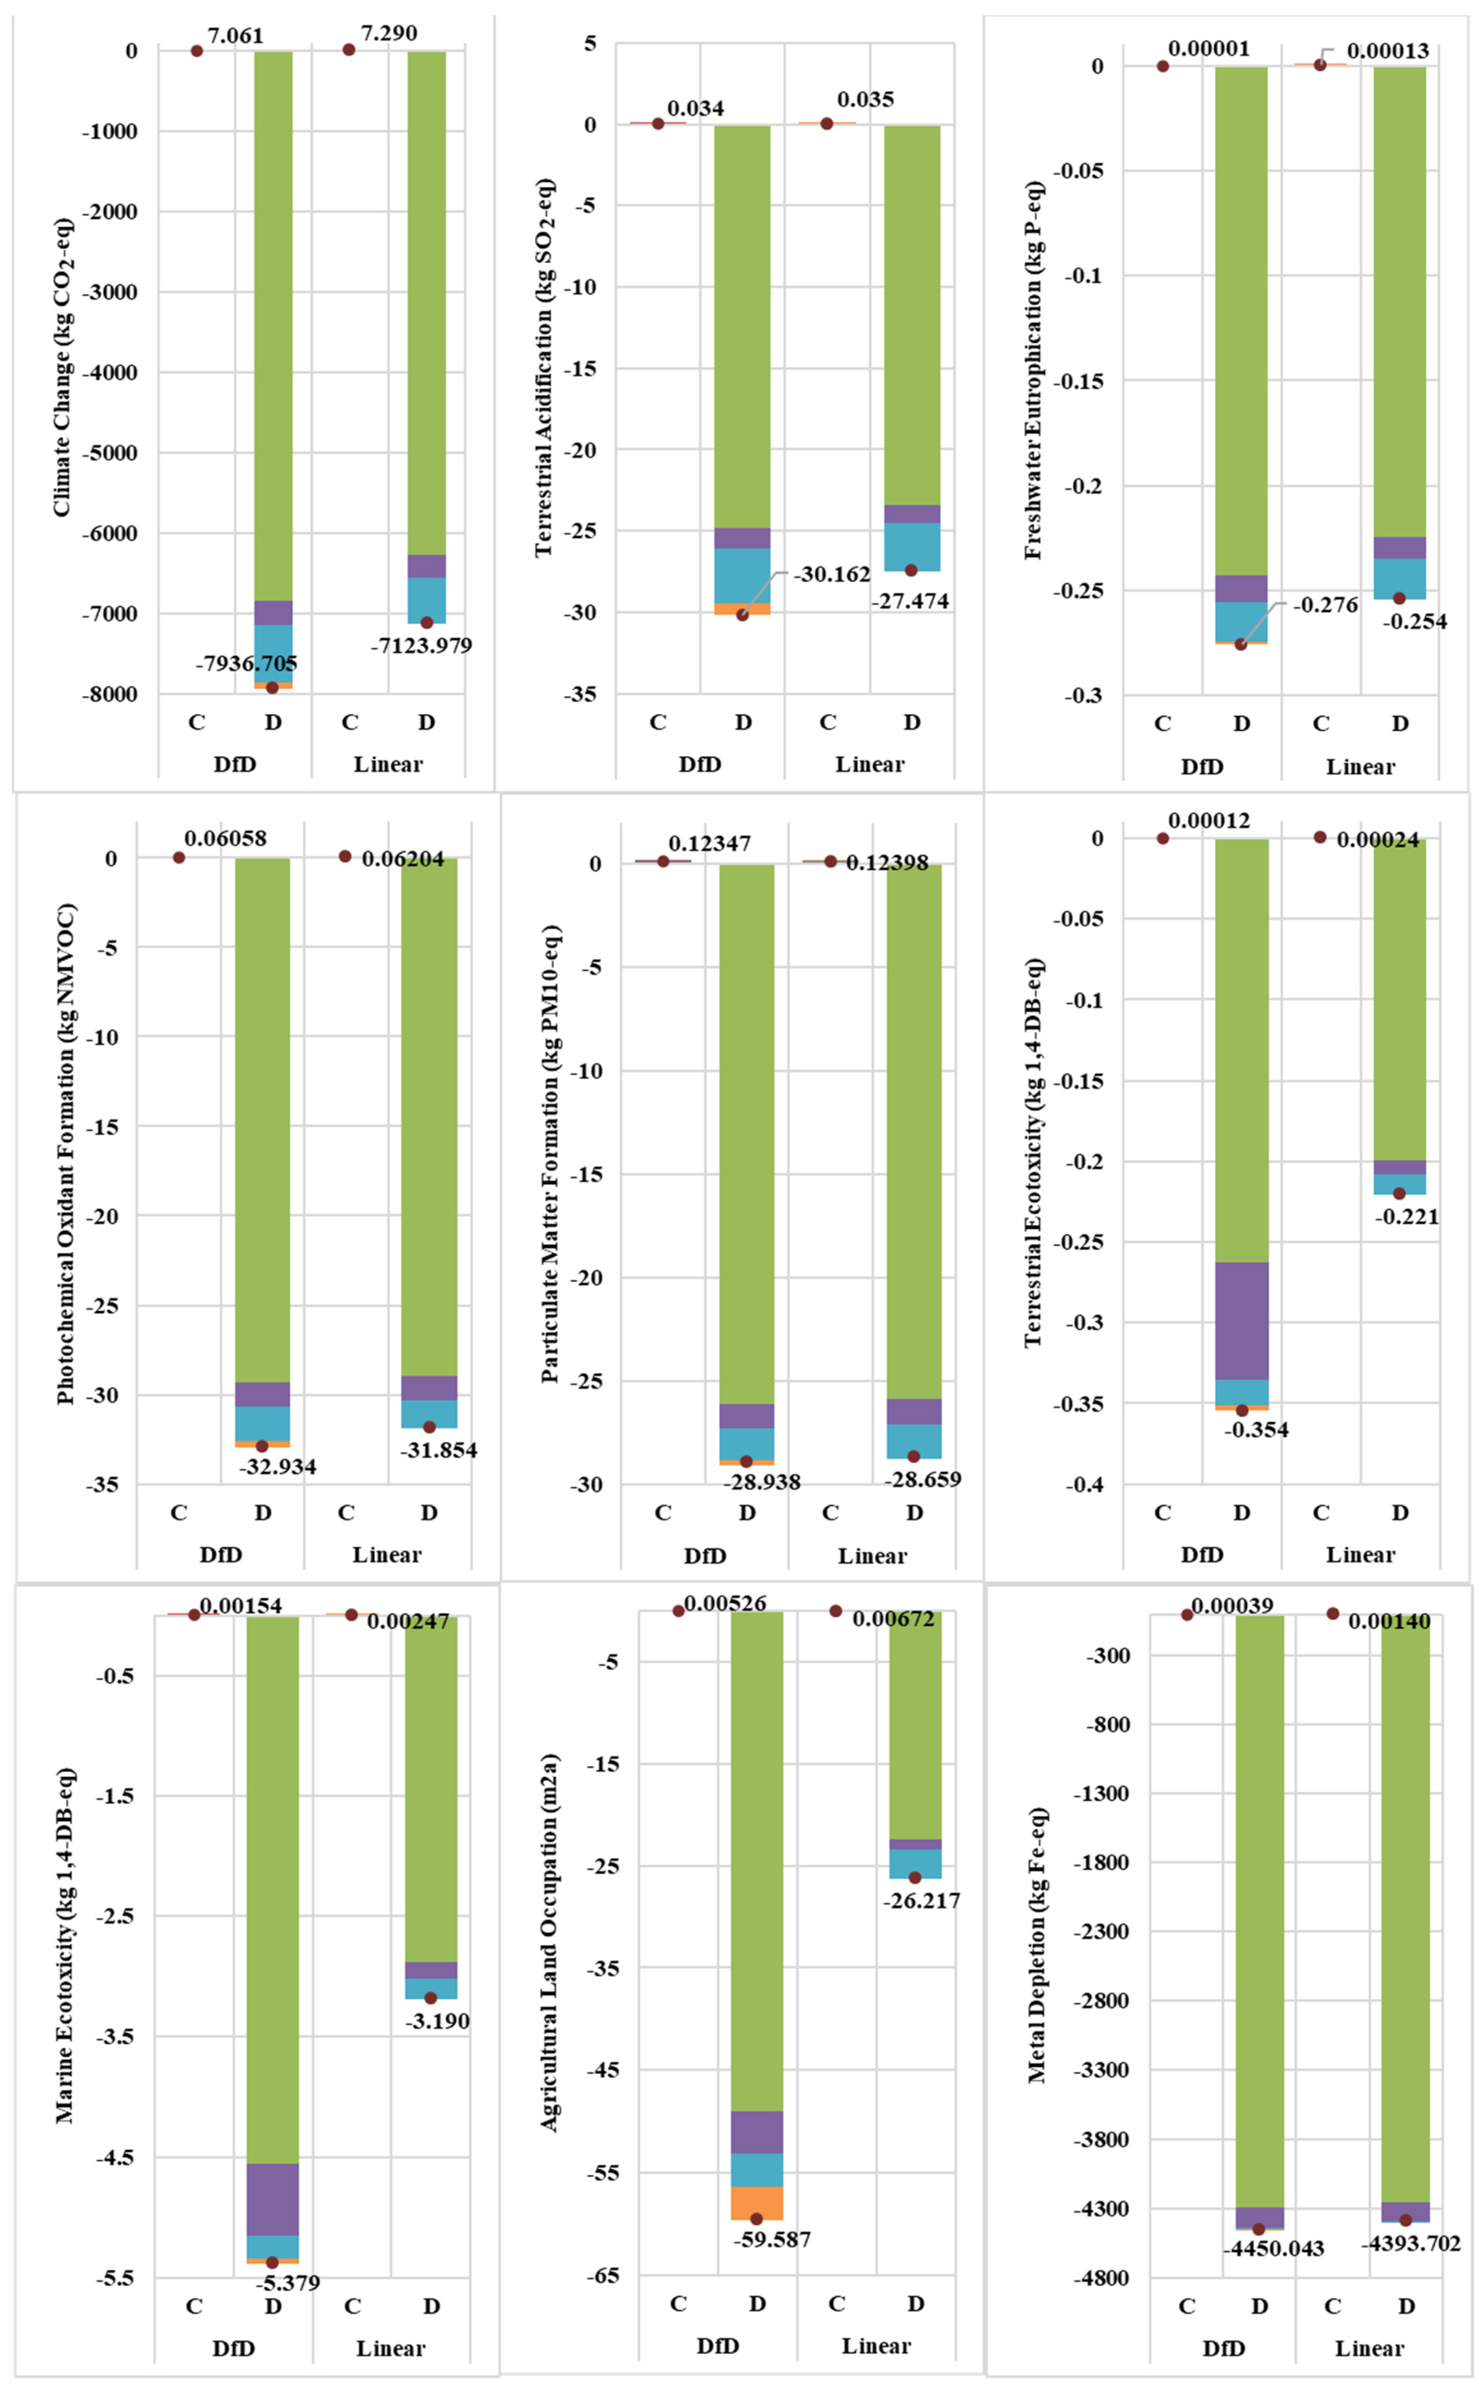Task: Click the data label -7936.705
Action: pos(247,664)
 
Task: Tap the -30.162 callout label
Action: pos(831,574)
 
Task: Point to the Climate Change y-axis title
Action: pos(62,367)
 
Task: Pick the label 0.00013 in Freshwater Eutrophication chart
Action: pos(1387,51)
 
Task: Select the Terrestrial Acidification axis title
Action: pos(544,367)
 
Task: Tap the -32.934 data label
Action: pos(278,1467)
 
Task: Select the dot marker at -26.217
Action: pos(914,1877)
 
